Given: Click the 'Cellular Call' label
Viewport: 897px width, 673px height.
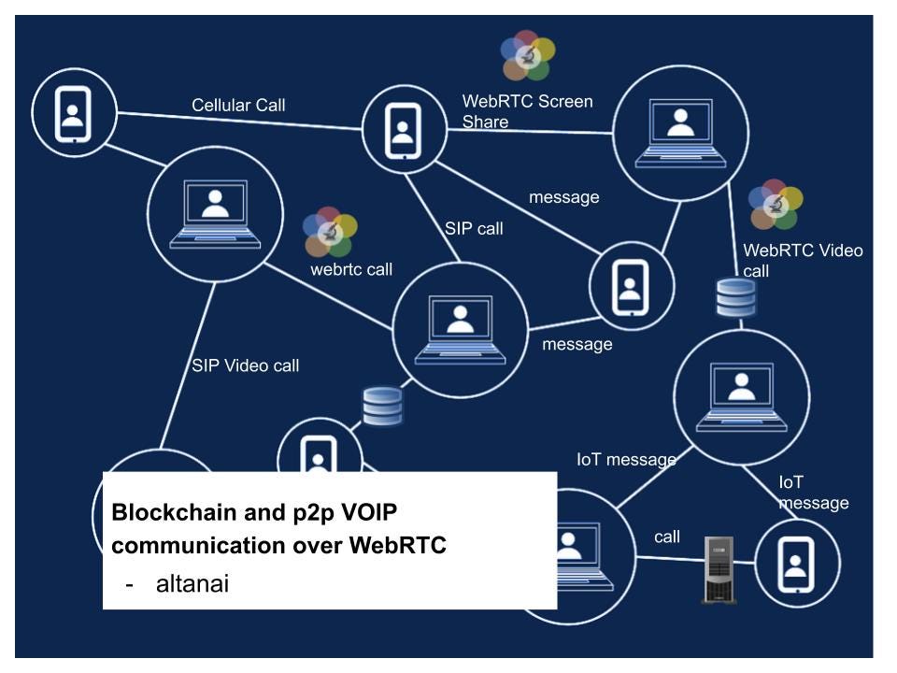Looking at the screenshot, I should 238,105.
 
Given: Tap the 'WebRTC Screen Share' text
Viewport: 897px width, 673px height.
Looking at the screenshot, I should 527,111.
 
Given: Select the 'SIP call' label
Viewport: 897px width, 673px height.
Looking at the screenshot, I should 474,228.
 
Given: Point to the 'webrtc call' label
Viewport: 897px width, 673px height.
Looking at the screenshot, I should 351,270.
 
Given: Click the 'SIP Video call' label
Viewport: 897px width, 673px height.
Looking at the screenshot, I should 246,365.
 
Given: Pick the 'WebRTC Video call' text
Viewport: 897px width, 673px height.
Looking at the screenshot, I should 802,260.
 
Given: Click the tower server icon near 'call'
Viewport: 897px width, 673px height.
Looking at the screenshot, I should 719,568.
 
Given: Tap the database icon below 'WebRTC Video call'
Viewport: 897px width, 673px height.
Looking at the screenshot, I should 735,297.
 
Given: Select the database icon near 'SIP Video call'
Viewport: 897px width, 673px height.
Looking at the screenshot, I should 382,406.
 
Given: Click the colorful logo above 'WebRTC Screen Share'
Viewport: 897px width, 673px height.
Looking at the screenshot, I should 527,55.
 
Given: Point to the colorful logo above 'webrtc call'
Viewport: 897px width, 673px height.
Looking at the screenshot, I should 330,232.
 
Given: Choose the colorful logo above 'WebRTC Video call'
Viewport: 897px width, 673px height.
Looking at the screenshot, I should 776,205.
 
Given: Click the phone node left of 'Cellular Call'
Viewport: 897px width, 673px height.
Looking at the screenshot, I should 73,112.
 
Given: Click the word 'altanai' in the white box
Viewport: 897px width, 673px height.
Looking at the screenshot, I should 193,584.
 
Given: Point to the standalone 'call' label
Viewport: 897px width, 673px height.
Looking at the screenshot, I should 667,537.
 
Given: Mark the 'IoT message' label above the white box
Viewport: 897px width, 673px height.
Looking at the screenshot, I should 625,459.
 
